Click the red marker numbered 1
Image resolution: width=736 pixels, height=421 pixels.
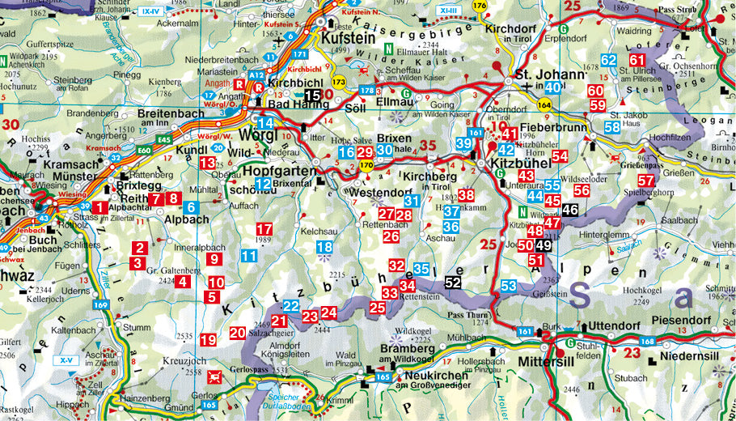[98, 208]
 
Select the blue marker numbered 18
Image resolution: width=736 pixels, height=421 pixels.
[324, 248]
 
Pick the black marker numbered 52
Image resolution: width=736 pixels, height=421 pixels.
[453, 282]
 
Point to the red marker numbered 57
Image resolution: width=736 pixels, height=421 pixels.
[645, 181]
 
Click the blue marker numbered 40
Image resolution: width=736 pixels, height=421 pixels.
[553, 87]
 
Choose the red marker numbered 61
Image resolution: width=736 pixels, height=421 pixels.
[637, 60]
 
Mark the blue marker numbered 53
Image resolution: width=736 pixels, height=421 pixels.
[508, 286]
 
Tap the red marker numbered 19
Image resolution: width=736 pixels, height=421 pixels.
[208, 340]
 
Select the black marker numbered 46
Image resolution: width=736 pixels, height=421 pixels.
[570, 210]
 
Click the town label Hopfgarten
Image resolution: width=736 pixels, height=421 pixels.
[277, 171]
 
